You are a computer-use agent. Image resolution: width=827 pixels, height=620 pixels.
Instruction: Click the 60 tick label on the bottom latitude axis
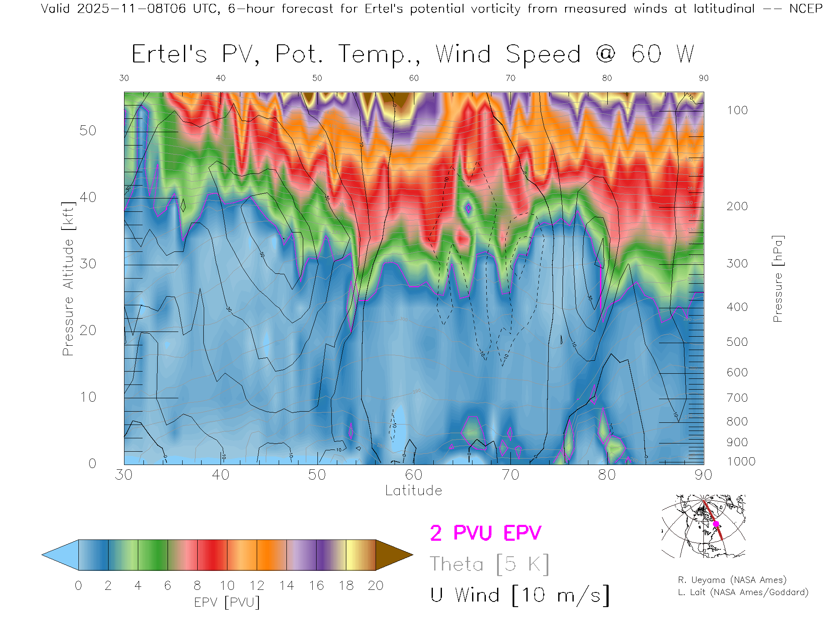[x=413, y=474]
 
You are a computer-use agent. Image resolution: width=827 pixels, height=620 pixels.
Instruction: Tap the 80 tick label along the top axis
[x=607, y=78]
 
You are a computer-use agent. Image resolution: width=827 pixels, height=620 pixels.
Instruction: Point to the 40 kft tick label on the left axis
[x=87, y=197]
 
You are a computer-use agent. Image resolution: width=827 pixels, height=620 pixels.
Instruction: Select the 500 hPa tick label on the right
[x=737, y=342]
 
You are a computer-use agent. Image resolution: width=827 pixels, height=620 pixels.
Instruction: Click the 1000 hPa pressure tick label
[x=741, y=462]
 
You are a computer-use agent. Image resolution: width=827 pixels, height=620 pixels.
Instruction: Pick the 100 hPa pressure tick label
[x=737, y=110]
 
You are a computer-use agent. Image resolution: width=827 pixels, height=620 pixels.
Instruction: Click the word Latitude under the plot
[x=413, y=490]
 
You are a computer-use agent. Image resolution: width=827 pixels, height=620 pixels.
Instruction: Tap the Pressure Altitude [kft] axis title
[x=68, y=279]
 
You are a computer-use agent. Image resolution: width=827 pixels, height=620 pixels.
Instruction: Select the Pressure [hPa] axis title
[x=777, y=279]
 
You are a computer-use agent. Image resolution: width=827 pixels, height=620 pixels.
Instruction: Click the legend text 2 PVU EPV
[x=485, y=533]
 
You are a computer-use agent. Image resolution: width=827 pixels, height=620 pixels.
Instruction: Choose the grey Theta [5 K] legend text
[x=489, y=564]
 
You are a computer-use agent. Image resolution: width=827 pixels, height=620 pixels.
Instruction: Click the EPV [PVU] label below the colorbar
[x=227, y=602]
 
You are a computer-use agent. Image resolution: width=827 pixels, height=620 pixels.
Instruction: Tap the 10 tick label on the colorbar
[x=227, y=586]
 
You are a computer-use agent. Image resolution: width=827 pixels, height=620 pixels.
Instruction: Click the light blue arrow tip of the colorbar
[x=60, y=555]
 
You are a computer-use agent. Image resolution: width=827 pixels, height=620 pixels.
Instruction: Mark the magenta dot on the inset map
[x=716, y=524]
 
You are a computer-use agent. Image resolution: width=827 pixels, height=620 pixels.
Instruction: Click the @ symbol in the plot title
[x=606, y=54]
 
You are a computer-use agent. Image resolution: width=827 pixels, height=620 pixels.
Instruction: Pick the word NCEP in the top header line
[x=805, y=9]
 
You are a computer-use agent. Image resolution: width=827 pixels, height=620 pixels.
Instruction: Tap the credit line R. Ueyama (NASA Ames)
[x=732, y=580]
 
